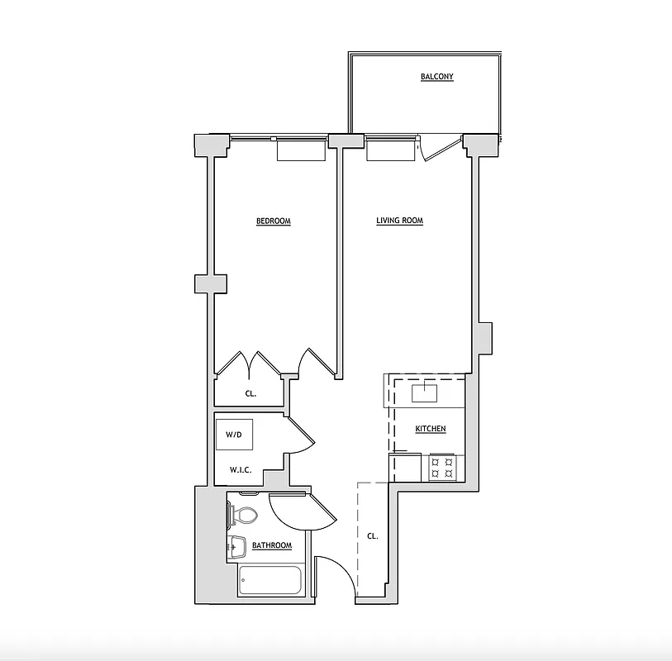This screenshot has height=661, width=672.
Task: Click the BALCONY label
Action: [436, 77]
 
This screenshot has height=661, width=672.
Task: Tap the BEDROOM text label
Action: [273, 221]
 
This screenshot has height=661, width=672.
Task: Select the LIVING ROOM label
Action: [399, 221]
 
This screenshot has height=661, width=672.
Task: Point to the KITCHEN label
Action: [431, 429]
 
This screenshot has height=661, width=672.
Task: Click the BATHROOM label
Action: [272, 545]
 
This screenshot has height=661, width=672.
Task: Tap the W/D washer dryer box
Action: [234, 435]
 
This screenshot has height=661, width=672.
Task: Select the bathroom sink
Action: [236, 545]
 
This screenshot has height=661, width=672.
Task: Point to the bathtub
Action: [271, 581]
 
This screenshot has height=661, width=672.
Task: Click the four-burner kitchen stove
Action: [442, 468]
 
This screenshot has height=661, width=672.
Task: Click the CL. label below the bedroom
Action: [250, 394]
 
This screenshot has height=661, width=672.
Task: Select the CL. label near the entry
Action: [373, 536]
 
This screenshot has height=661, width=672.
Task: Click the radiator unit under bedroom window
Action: [301, 150]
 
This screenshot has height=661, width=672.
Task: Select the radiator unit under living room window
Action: [390, 151]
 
